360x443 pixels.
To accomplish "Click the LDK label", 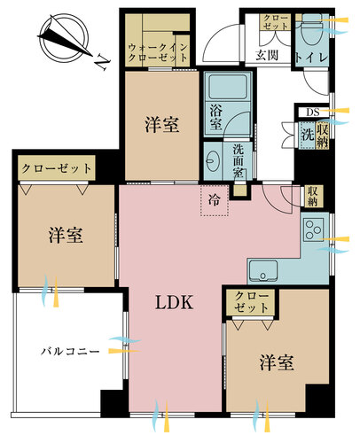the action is [x=175, y=302].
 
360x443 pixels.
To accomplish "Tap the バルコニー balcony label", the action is [x=70, y=352].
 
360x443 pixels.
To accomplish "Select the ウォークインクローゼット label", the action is [x=158, y=51].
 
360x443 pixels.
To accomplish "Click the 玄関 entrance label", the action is [x=267, y=55].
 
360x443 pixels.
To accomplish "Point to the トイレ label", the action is [x=312, y=57].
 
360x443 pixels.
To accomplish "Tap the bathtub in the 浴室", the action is [x=228, y=87].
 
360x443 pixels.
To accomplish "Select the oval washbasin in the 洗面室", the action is [x=212, y=161].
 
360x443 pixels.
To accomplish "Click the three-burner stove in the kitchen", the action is [x=313, y=229].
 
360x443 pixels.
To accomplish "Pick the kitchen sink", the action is [x=263, y=271].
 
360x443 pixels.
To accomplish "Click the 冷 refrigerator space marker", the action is [x=215, y=200].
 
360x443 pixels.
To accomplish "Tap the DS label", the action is [x=313, y=113].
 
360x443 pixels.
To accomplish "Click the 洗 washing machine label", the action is [x=308, y=135].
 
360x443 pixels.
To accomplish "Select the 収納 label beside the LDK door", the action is [x=312, y=196].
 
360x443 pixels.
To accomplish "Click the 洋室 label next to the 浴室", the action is [x=162, y=124].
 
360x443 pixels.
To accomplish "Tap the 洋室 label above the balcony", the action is [x=66, y=235].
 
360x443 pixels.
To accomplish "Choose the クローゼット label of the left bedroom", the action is [x=57, y=168].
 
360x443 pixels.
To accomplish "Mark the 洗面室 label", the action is [x=239, y=161].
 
